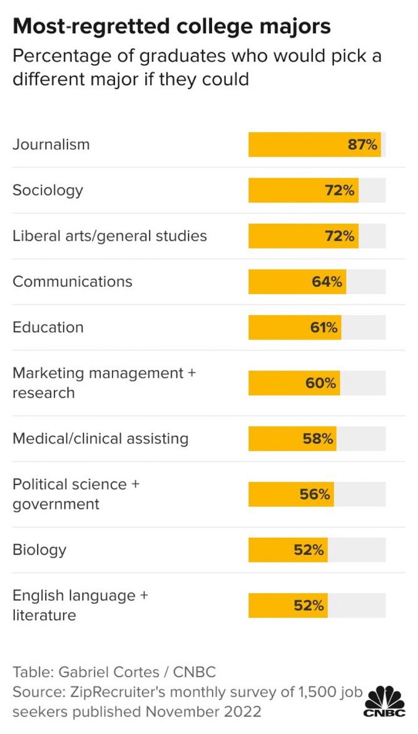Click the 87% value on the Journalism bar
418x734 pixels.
click(362, 144)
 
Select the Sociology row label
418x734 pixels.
click(48, 191)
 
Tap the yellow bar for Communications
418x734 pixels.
click(297, 282)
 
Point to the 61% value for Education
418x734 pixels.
click(324, 327)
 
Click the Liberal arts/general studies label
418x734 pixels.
click(110, 236)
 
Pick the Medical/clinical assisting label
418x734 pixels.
click(100, 439)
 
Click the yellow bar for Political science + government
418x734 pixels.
click(291, 495)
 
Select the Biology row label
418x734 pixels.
click(39, 550)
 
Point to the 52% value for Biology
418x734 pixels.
click(309, 550)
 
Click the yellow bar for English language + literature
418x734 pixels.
click(288, 605)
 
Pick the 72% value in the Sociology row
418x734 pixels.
click(340, 191)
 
